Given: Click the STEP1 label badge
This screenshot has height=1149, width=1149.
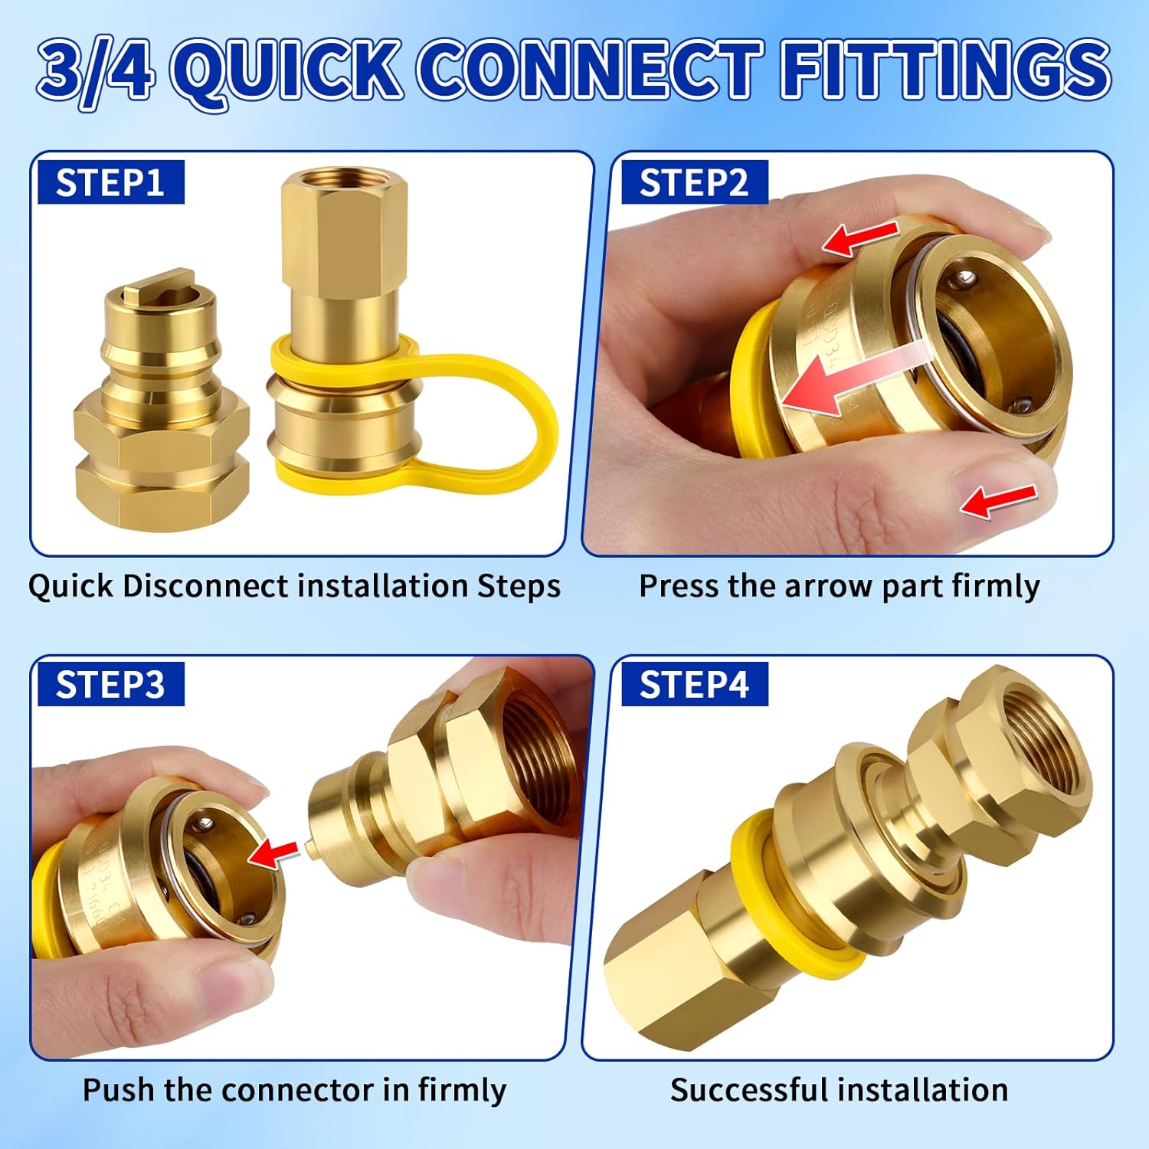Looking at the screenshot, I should [110, 182].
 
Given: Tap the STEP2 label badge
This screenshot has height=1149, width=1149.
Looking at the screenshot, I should [693, 183].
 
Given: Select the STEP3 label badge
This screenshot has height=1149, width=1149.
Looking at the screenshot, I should [110, 684].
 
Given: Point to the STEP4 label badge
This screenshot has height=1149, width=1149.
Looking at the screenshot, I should [693, 684].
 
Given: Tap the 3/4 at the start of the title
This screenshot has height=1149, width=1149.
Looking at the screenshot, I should [96, 70].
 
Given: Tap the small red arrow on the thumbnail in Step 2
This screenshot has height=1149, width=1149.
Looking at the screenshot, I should [998, 501].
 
